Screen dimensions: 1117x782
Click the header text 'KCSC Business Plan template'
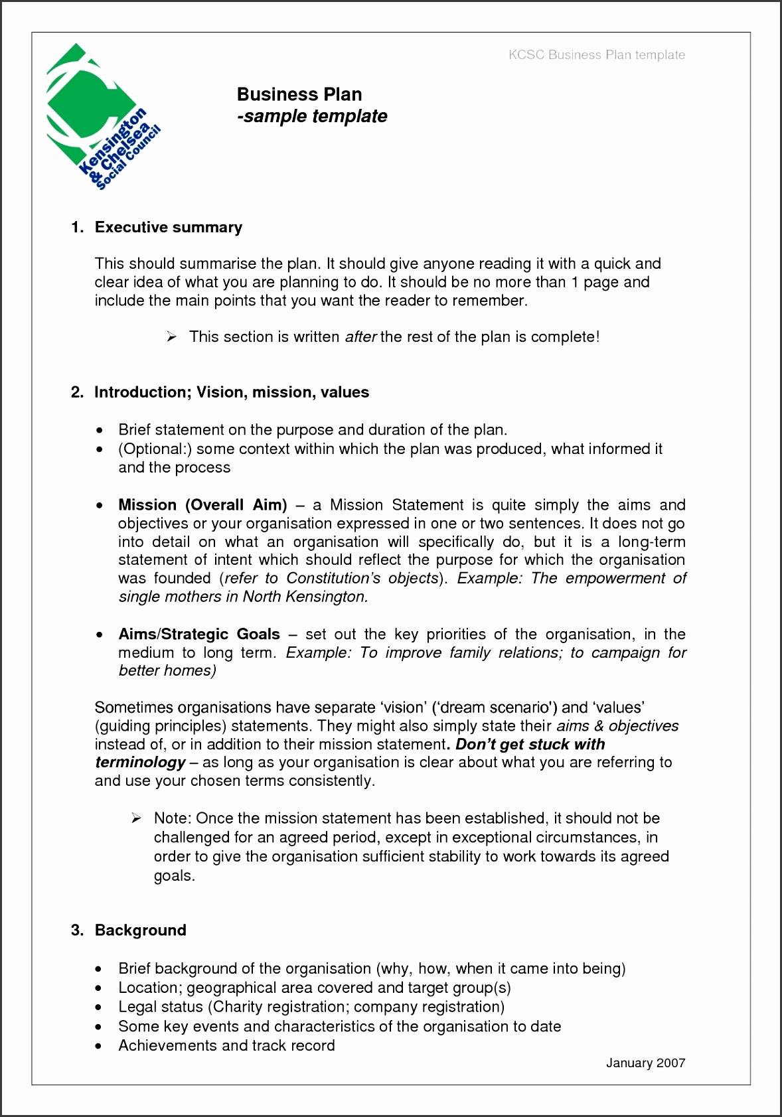596,55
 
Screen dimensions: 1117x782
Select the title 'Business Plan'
299,94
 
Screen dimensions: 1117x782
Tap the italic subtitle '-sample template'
312,116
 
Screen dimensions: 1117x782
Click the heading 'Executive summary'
168,228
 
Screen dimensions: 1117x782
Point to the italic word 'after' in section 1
360,337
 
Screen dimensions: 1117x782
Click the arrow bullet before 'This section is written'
171,337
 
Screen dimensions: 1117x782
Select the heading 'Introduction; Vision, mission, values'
231,392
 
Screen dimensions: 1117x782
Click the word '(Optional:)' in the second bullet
155,449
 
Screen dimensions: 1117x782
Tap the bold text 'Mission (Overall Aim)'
202,505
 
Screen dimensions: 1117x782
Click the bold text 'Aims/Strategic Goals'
198,634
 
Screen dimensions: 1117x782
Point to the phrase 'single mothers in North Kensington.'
243,597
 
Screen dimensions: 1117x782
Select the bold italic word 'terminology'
140,763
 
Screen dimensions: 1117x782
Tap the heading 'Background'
140,931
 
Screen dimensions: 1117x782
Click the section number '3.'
77,931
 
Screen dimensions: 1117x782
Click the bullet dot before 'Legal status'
99,1007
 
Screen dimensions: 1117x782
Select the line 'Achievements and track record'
226,1046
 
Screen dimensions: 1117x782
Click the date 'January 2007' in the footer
645,1063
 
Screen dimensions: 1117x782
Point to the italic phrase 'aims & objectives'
617,726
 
